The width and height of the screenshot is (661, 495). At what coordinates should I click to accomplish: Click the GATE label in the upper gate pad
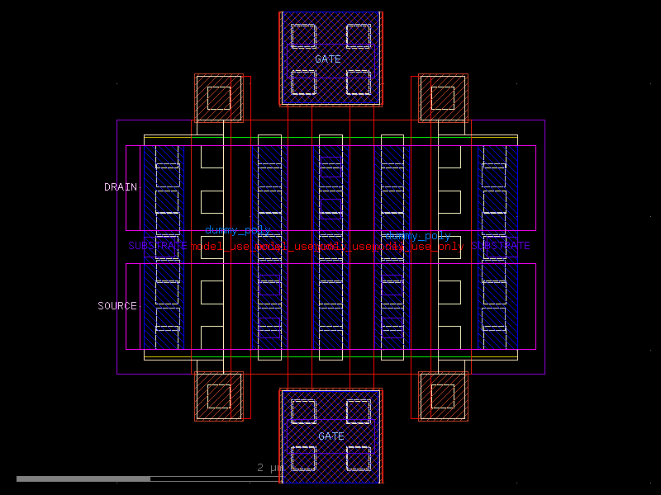(328, 59)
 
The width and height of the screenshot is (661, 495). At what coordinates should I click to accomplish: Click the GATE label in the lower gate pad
(331, 436)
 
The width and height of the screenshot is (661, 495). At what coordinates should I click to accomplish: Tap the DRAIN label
(120, 187)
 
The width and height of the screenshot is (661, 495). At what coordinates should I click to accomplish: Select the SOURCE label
(117, 306)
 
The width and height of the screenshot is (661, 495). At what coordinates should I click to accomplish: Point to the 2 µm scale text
(270, 468)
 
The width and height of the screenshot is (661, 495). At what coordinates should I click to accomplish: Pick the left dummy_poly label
(237, 230)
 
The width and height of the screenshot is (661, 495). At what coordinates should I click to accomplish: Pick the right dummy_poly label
(419, 236)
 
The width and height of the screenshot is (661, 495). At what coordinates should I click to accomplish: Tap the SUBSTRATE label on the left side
(157, 246)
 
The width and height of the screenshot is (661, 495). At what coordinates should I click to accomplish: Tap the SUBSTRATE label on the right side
(501, 246)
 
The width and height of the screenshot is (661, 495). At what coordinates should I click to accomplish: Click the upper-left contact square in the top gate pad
(303, 35)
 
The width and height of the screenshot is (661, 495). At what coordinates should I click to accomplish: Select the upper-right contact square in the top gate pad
(359, 35)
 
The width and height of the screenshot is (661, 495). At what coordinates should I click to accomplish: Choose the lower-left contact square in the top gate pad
(303, 82)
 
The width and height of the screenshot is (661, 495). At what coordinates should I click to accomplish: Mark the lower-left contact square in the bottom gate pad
(303, 458)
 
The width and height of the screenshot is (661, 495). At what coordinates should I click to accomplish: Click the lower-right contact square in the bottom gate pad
(359, 458)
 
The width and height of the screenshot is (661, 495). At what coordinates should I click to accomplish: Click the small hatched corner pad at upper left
(219, 98)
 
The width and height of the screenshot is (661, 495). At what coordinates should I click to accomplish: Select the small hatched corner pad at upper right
(443, 98)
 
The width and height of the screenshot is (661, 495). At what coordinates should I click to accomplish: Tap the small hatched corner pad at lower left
(219, 396)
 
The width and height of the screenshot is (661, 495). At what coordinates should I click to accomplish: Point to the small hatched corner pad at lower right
(443, 396)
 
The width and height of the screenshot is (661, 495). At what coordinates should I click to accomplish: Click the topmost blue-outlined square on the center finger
(330, 167)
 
